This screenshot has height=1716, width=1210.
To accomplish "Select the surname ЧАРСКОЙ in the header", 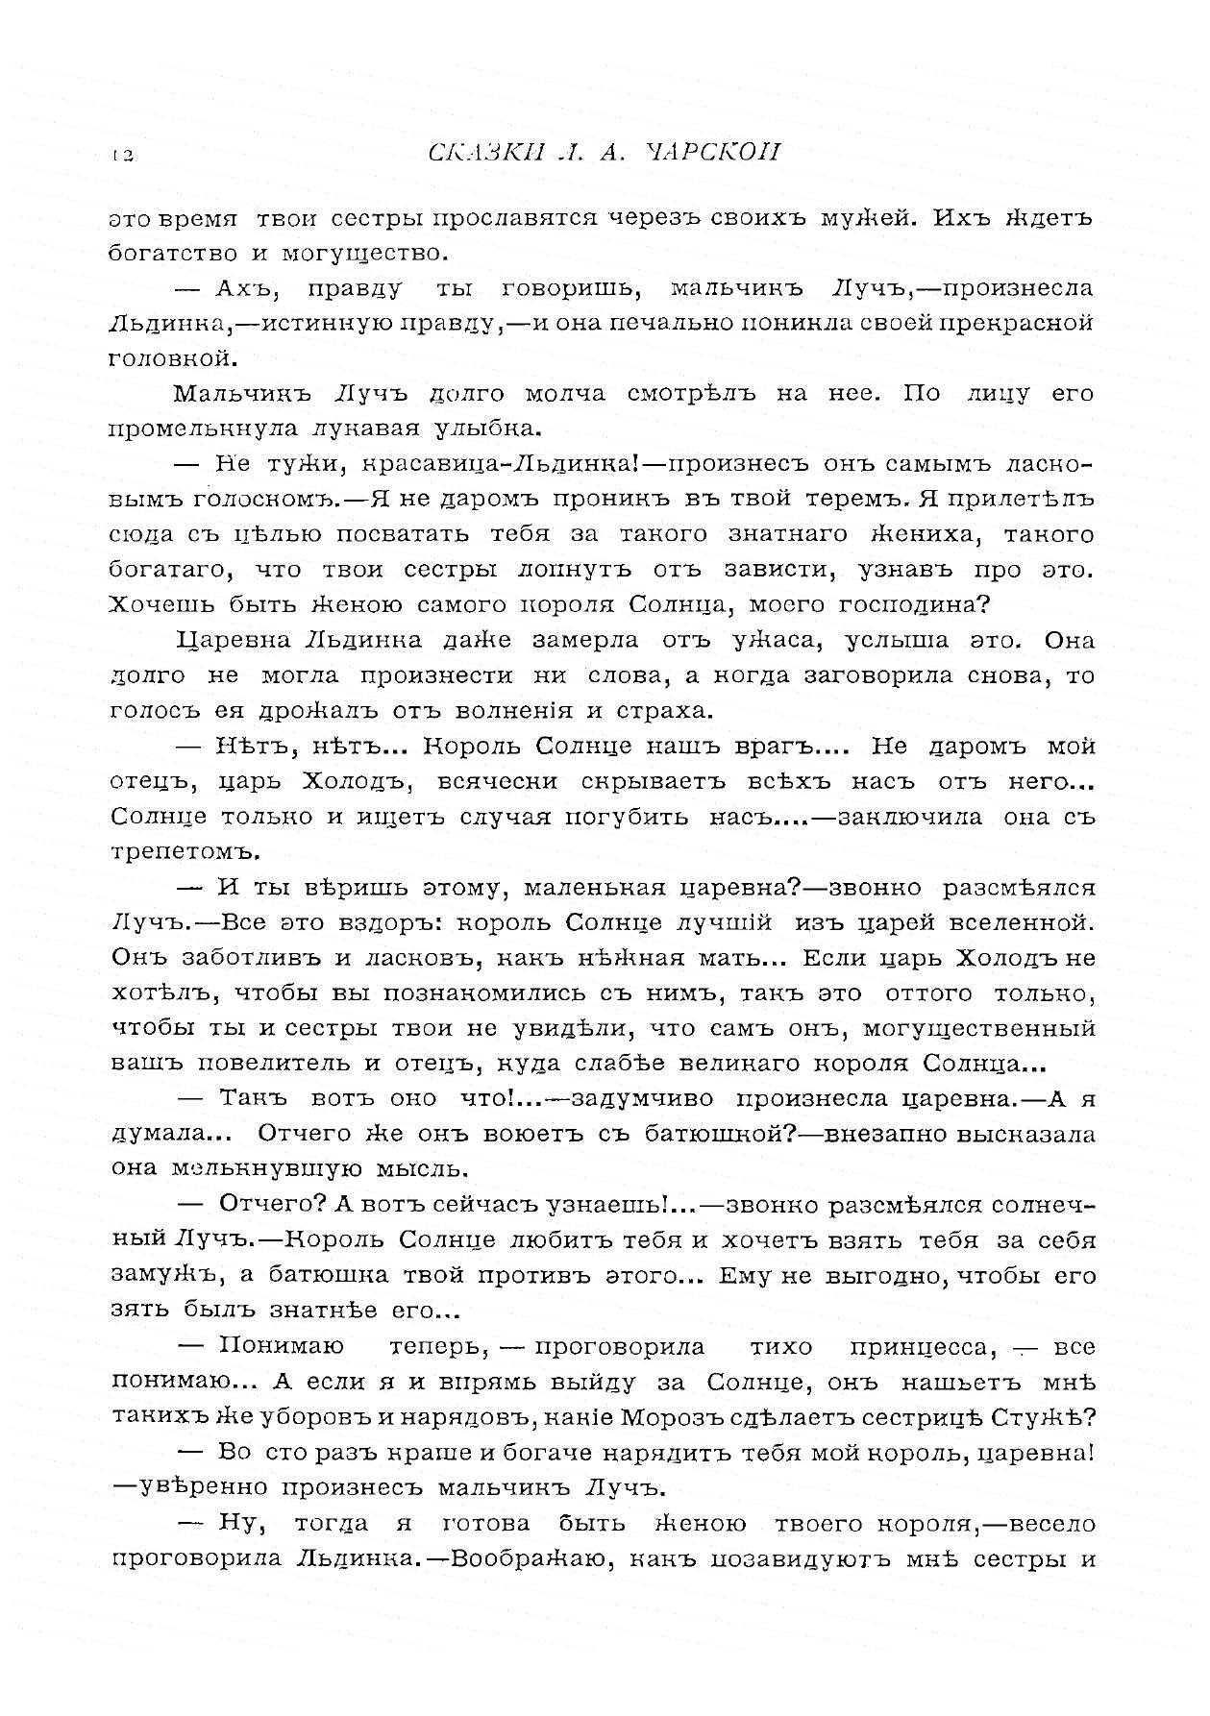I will point(710,154).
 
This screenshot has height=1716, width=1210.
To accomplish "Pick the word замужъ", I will point(159,1276).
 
